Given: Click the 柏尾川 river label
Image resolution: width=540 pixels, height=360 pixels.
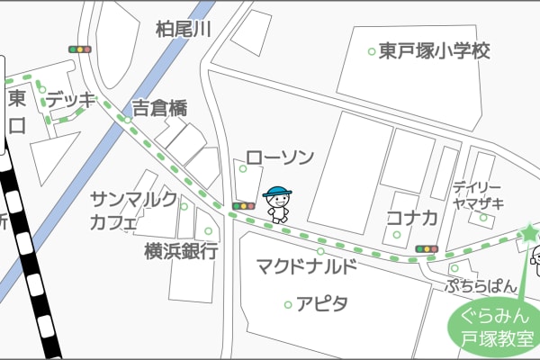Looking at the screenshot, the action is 183,30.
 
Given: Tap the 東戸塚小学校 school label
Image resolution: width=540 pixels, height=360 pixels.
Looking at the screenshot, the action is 434,51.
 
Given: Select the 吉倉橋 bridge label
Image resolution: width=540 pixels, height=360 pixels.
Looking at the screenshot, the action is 160,109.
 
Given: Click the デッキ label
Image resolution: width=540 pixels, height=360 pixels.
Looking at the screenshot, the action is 70,100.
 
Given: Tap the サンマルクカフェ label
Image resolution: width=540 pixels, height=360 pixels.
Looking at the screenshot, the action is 133,211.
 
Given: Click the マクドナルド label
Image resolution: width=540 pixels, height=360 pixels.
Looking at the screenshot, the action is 307,266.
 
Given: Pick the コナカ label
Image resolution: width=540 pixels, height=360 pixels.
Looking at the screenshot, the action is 411,217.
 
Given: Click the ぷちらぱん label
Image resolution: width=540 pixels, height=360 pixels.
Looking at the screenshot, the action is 481,286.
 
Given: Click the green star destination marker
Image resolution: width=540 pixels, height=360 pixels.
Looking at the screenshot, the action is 528,233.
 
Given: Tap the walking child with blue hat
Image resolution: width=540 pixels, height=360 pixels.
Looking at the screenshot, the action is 277,204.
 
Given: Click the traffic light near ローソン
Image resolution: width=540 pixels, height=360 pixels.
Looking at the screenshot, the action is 244,206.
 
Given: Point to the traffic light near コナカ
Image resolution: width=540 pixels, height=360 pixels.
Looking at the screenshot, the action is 426,248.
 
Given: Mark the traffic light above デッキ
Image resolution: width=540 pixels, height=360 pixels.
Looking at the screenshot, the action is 80,49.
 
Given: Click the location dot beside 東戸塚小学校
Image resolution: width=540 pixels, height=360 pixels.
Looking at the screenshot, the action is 371,51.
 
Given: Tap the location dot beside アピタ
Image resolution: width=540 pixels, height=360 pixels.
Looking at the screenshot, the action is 288,304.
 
